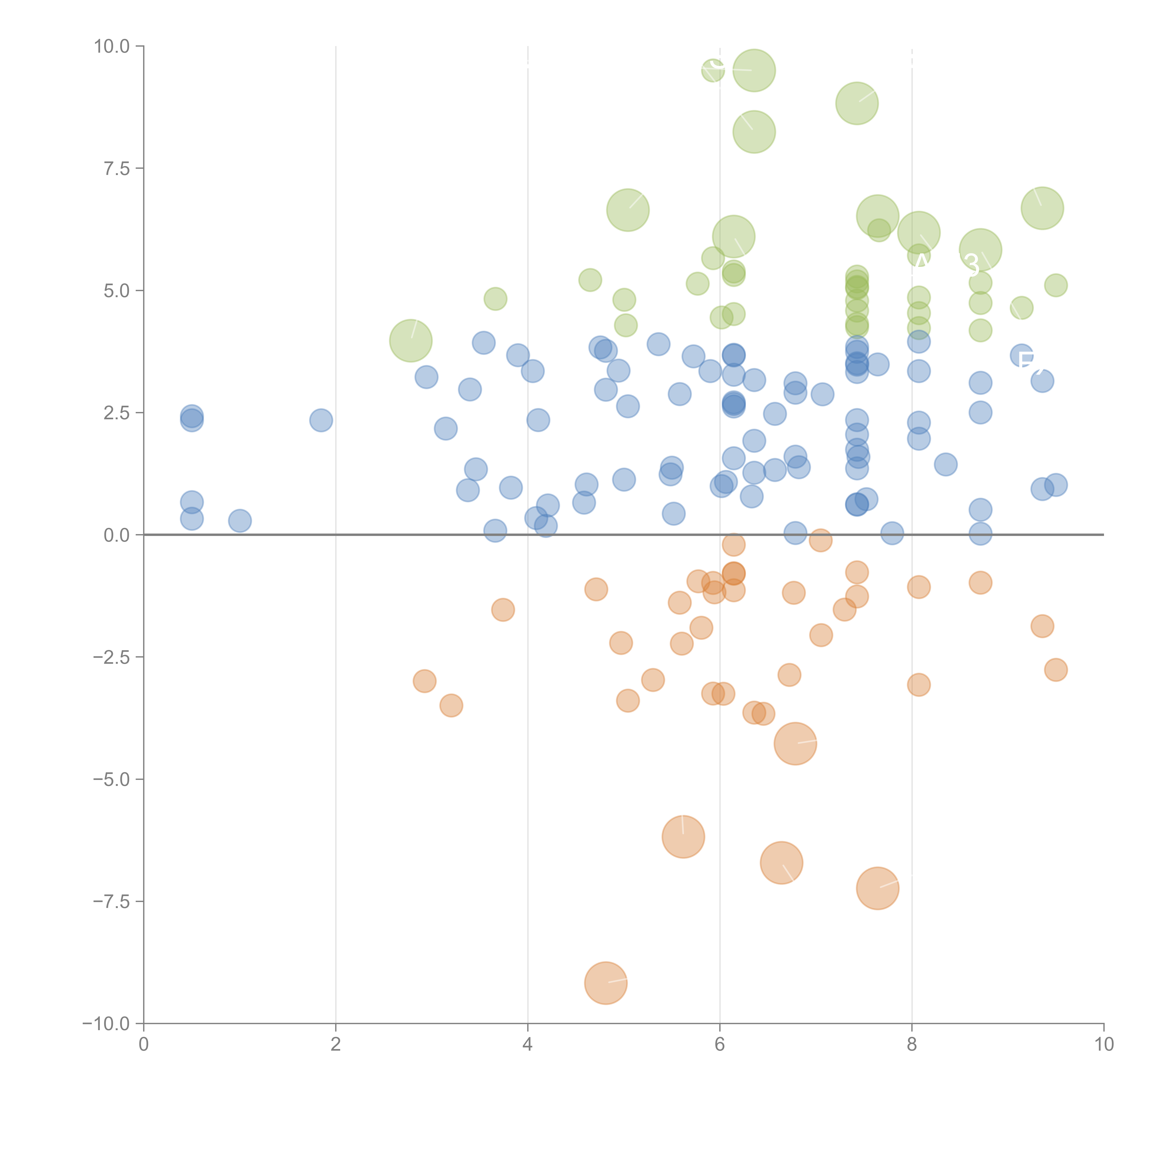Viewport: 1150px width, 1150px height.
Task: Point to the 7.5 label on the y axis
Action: point(117,168)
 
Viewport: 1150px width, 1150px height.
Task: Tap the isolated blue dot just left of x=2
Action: point(321,420)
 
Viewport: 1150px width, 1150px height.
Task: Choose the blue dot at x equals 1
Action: point(240,521)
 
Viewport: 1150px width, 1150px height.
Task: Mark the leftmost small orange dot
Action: point(424,681)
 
